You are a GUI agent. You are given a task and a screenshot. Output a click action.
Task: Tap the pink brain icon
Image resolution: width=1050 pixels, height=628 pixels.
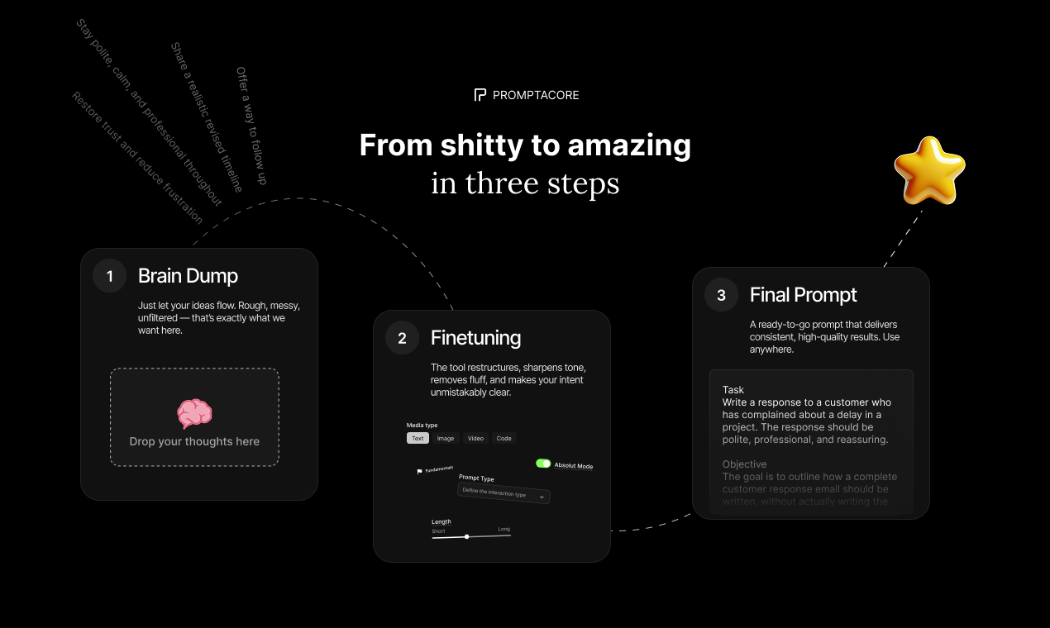pos(194,413)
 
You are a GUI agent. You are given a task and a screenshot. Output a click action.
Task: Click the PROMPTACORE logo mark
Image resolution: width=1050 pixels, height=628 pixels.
pos(480,95)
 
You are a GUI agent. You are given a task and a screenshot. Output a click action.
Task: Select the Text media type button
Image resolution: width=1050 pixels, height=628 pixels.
pos(418,438)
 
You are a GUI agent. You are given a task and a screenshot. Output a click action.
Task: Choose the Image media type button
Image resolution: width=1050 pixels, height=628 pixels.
pos(446,438)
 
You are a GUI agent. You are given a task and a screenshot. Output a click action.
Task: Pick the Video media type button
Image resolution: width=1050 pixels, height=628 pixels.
pos(475,438)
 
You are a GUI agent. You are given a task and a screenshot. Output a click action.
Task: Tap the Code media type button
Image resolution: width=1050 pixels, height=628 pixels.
pos(504,438)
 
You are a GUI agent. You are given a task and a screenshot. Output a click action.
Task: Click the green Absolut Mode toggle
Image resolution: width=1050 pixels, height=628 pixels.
pos(543,464)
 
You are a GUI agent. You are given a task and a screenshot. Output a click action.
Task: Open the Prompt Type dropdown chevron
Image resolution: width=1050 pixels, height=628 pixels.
pos(542,497)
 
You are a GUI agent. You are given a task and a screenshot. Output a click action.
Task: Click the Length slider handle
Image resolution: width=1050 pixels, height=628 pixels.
pos(467,536)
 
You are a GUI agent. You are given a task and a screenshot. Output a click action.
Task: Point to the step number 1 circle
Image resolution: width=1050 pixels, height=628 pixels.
pos(110,276)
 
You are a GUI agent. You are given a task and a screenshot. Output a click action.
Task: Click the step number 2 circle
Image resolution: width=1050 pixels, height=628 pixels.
pos(403,338)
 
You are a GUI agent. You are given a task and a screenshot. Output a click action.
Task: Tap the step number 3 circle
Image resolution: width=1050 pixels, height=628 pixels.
pos(721,295)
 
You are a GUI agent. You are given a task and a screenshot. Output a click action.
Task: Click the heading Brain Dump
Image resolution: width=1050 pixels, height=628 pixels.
pos(188,276)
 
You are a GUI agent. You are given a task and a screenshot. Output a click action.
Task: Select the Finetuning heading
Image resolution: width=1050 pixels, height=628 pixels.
pos(475,338)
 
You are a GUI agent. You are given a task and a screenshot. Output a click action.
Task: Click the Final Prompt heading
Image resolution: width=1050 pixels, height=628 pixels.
pos(803,295)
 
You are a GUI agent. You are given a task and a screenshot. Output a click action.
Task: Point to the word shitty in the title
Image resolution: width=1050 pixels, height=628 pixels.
pos(482,145)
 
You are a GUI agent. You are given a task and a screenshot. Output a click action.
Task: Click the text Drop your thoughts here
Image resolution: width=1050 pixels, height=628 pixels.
pos(194,441)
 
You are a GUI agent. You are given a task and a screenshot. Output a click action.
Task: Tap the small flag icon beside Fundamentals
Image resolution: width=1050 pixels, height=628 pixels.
pos(419,472)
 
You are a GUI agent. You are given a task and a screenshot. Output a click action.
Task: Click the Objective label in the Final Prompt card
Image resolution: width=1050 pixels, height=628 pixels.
pos(744,464)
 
